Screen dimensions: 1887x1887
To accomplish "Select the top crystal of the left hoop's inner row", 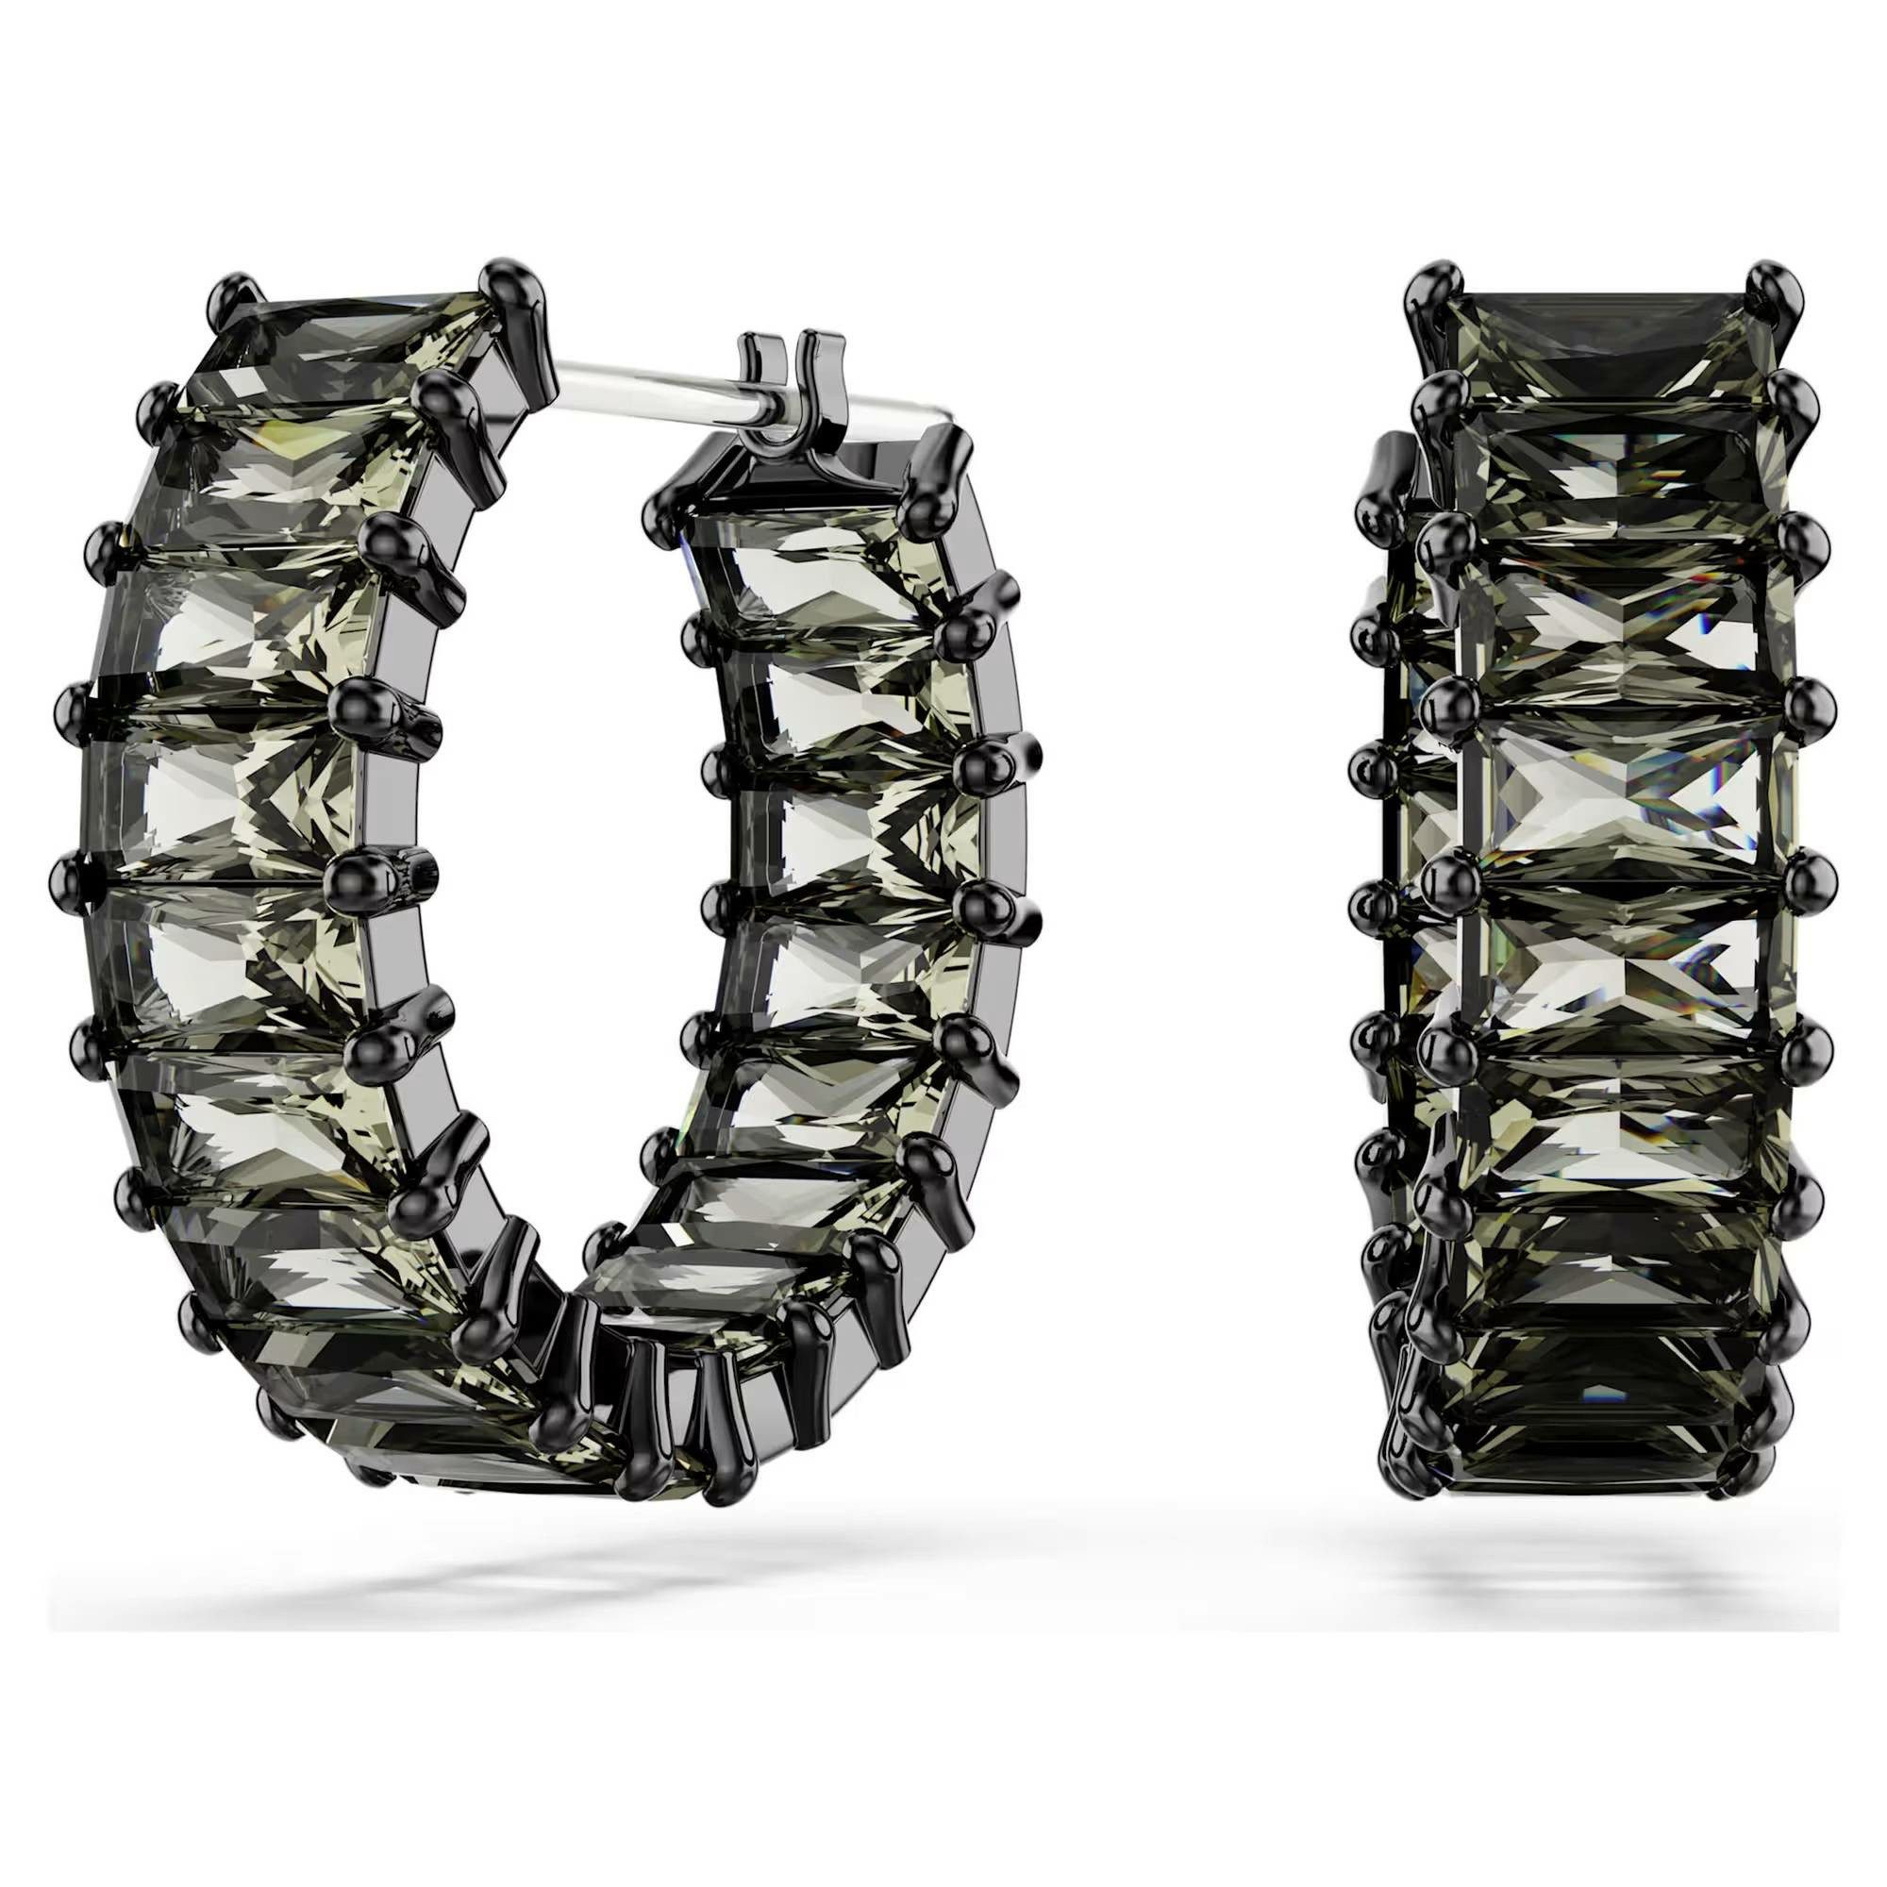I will [x=801, y=566].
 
